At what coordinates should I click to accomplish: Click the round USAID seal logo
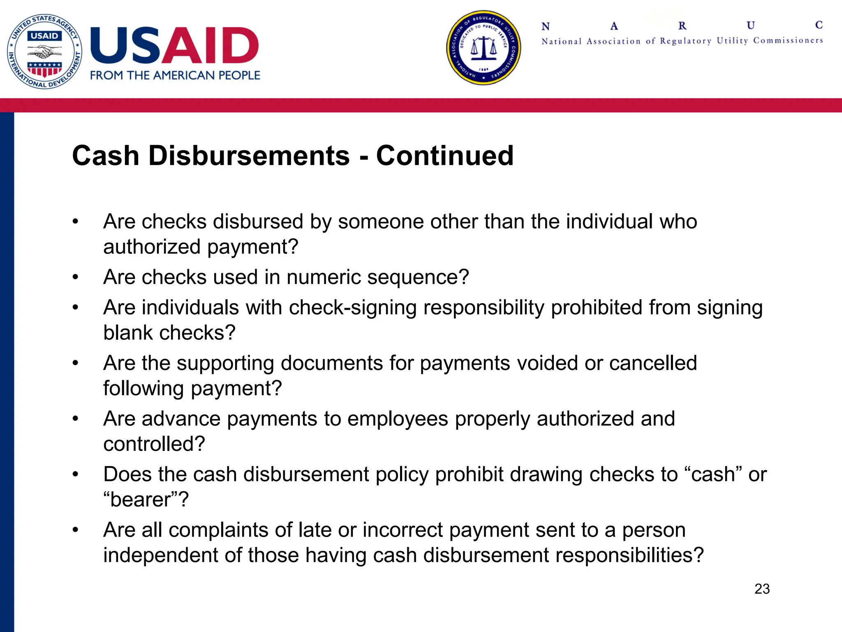tap(44, 51)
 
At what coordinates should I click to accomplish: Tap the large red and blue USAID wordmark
tap(174, 46)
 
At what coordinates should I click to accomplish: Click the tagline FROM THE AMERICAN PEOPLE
tap(175, 76)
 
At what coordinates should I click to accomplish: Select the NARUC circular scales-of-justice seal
tap(483, 48)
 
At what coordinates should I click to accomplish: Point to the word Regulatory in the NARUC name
tap(685, 41)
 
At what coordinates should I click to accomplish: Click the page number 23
tap(762, 589)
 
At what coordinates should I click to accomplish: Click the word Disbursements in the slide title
tap(249, 156)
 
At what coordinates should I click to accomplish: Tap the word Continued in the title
tap(445, 156)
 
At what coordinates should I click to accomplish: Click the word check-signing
tap(353, 308)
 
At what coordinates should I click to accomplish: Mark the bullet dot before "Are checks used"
tap(75, 277)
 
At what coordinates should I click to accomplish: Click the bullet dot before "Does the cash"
tap(75, 475)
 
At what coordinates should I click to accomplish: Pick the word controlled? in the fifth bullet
tap(154, 444)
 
